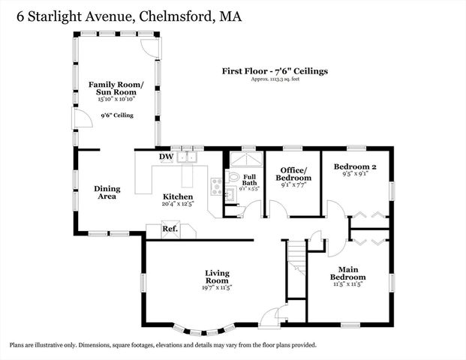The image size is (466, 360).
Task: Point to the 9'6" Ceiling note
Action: [x=117, y=115]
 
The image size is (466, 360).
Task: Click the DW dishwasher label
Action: [x=166, y=157]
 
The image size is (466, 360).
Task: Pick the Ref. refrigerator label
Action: [x=170, y=228]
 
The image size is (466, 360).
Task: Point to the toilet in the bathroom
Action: [x=232, y=178]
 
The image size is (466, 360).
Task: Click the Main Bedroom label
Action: [x=347, y=274]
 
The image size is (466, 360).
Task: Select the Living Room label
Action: [x=218, y=277]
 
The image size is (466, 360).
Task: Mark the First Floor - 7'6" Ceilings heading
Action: [x=275, y=71]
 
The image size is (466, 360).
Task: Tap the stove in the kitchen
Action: [x=217, y=186]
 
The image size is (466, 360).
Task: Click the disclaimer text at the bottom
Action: [x=163, y=345]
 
